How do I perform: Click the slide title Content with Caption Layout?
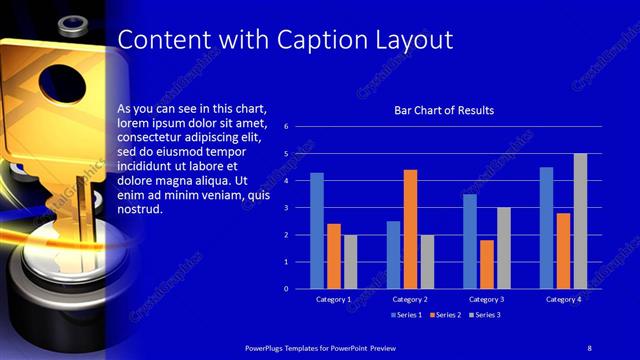point(285,40)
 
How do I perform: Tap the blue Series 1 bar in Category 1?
point(317,231)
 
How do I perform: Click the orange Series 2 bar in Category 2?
point(410,229)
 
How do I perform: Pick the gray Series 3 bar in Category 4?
point(580,221)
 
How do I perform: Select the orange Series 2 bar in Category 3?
point(486,264)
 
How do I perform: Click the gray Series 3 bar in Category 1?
point(350,262)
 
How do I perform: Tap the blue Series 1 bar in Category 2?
point(393,255)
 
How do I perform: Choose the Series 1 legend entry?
point(403,315)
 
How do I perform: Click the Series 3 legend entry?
point(484,315)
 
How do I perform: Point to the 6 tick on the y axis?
point(286,127)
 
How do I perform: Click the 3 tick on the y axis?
point(286,208)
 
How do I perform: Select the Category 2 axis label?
point(410,299)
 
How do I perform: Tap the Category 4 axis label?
point(564,299)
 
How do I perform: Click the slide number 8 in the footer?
point(589,346)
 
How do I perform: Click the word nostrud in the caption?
point(139,211)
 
